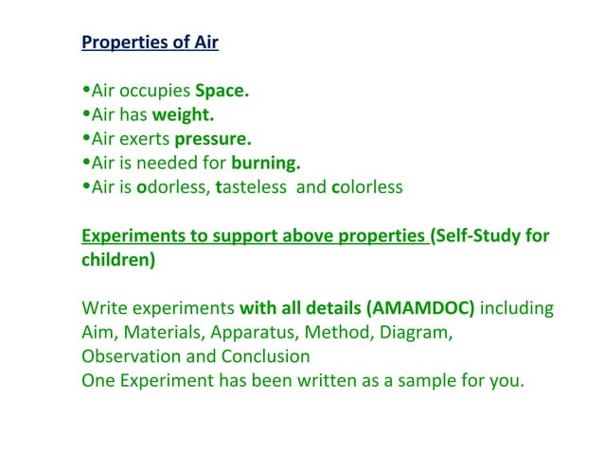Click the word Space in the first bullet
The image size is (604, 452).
(x=222, y=92)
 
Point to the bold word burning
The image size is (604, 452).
(x=265, y=163)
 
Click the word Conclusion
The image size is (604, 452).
(x=265, y=356)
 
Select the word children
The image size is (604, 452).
(x=117, y=259)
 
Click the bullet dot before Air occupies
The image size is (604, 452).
(x=86, y=92)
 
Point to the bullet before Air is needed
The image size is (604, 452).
(x=86, y=163)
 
